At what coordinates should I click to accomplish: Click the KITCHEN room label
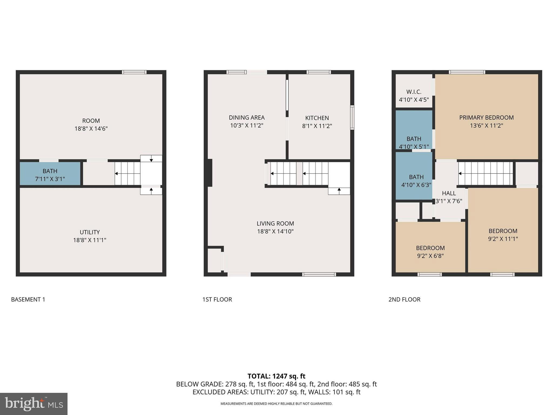[x=317, y=118]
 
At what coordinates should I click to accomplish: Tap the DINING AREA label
[x=247, y=118]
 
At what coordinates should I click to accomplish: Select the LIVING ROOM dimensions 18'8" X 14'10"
[x=275, y=232]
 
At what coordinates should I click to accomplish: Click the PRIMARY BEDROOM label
[x=486, y=118]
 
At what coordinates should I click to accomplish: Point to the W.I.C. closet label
[x=414, y=92]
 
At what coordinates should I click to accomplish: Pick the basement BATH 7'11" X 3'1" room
[x=50, y=175]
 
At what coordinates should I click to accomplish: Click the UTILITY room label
[x=90, y=232]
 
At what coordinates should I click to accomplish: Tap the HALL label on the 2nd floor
[x=449, y=193]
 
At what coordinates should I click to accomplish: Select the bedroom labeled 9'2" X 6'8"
[x=430, y=252]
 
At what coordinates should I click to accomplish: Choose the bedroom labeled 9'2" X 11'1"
[x=503, y=235]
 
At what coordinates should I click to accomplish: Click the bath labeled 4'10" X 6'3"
[x=416, y=180]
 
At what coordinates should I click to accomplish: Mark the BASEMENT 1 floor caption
[x=28, y=299]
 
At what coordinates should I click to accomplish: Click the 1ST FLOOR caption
[x=217, y=299]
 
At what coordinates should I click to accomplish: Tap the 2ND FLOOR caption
[x=404, y=299]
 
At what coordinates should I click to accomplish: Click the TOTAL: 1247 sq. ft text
[x=276, y=376]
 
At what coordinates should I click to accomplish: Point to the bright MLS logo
[x=34, y=404]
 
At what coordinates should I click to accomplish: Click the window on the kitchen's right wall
[x=352, y=118]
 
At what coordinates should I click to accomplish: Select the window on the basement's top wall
[x=134, y=72]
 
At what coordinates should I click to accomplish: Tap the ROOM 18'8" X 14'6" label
[x=91, y=125]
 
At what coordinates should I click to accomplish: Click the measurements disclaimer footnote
[x=276, y=404]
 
